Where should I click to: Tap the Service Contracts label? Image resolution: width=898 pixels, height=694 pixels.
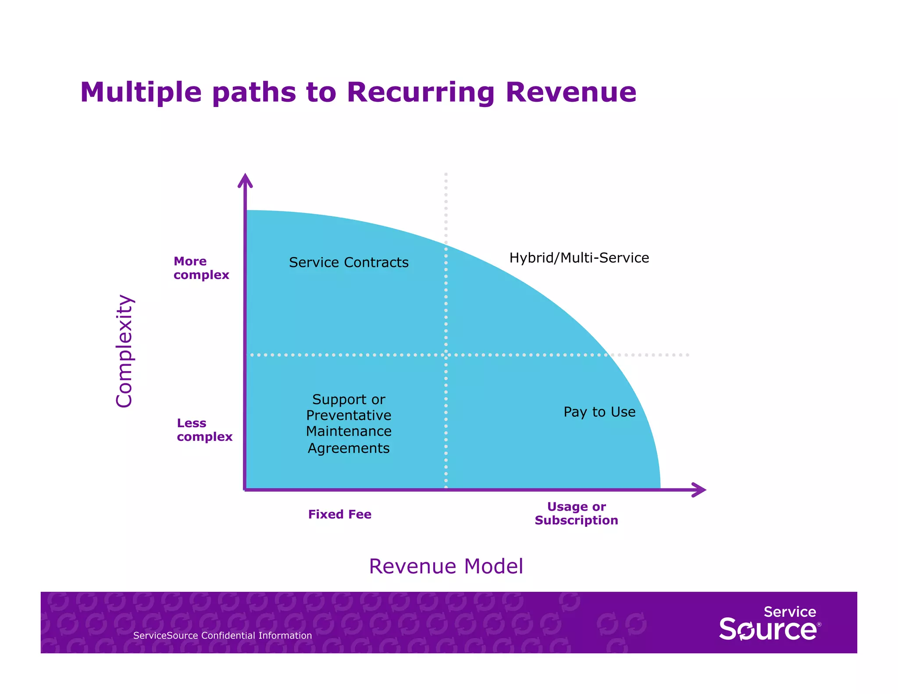[x=349, y=262]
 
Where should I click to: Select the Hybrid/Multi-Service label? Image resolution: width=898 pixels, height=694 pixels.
[x=579, y=258]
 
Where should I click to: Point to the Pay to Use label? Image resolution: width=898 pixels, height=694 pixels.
[x=599, y=412]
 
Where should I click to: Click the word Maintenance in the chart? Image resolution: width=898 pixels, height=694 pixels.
[x=349, y=431]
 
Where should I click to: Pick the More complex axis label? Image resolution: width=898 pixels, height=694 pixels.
[x=201, y=268]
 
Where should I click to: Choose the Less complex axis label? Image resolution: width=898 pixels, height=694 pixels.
[x=204, y=430]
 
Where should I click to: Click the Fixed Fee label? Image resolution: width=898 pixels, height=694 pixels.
[x=340, y=514]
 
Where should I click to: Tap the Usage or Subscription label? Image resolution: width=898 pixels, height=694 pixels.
[x=576, y=513]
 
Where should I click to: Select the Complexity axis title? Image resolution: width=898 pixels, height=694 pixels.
[x=125, y=351]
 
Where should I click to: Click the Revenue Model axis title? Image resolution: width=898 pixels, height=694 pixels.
[x=446, y=566]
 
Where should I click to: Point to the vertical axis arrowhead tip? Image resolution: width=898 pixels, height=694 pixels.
[x=245, y=175]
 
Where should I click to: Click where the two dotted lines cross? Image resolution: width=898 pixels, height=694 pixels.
[x=446, y=354]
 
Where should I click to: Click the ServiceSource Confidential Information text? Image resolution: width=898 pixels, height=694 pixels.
[x=222, y=636]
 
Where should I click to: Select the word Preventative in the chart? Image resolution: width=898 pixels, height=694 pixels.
[x=349, y=415]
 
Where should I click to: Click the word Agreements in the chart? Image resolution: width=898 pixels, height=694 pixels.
[x=349, y=448]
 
